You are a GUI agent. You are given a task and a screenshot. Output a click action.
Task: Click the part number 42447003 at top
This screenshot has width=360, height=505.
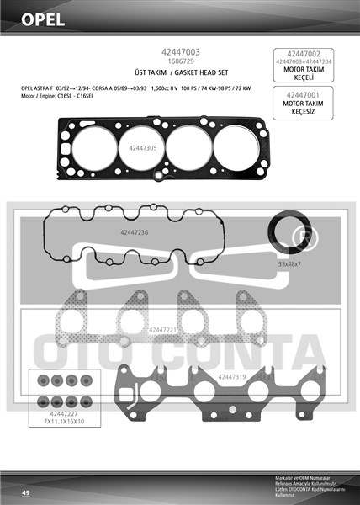coord(179,52)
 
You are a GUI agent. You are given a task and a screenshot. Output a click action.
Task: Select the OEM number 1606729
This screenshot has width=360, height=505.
coord(179,61)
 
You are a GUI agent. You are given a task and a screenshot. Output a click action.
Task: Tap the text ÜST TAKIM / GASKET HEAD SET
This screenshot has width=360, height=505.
coord(179,73)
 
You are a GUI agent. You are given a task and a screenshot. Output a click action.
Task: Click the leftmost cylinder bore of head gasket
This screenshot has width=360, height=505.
coord(90,140)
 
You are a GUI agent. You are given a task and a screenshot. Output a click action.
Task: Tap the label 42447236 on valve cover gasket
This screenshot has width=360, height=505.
coord(134,231)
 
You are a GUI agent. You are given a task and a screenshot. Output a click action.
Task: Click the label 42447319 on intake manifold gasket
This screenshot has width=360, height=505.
coord(231,376)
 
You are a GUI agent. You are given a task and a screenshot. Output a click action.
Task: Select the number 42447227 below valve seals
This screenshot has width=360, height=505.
coord(63,413)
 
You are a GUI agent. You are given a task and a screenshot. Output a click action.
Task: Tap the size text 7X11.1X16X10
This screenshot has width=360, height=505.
coord(63,422)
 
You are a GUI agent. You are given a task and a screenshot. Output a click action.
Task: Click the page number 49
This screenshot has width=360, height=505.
coord(26,492)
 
